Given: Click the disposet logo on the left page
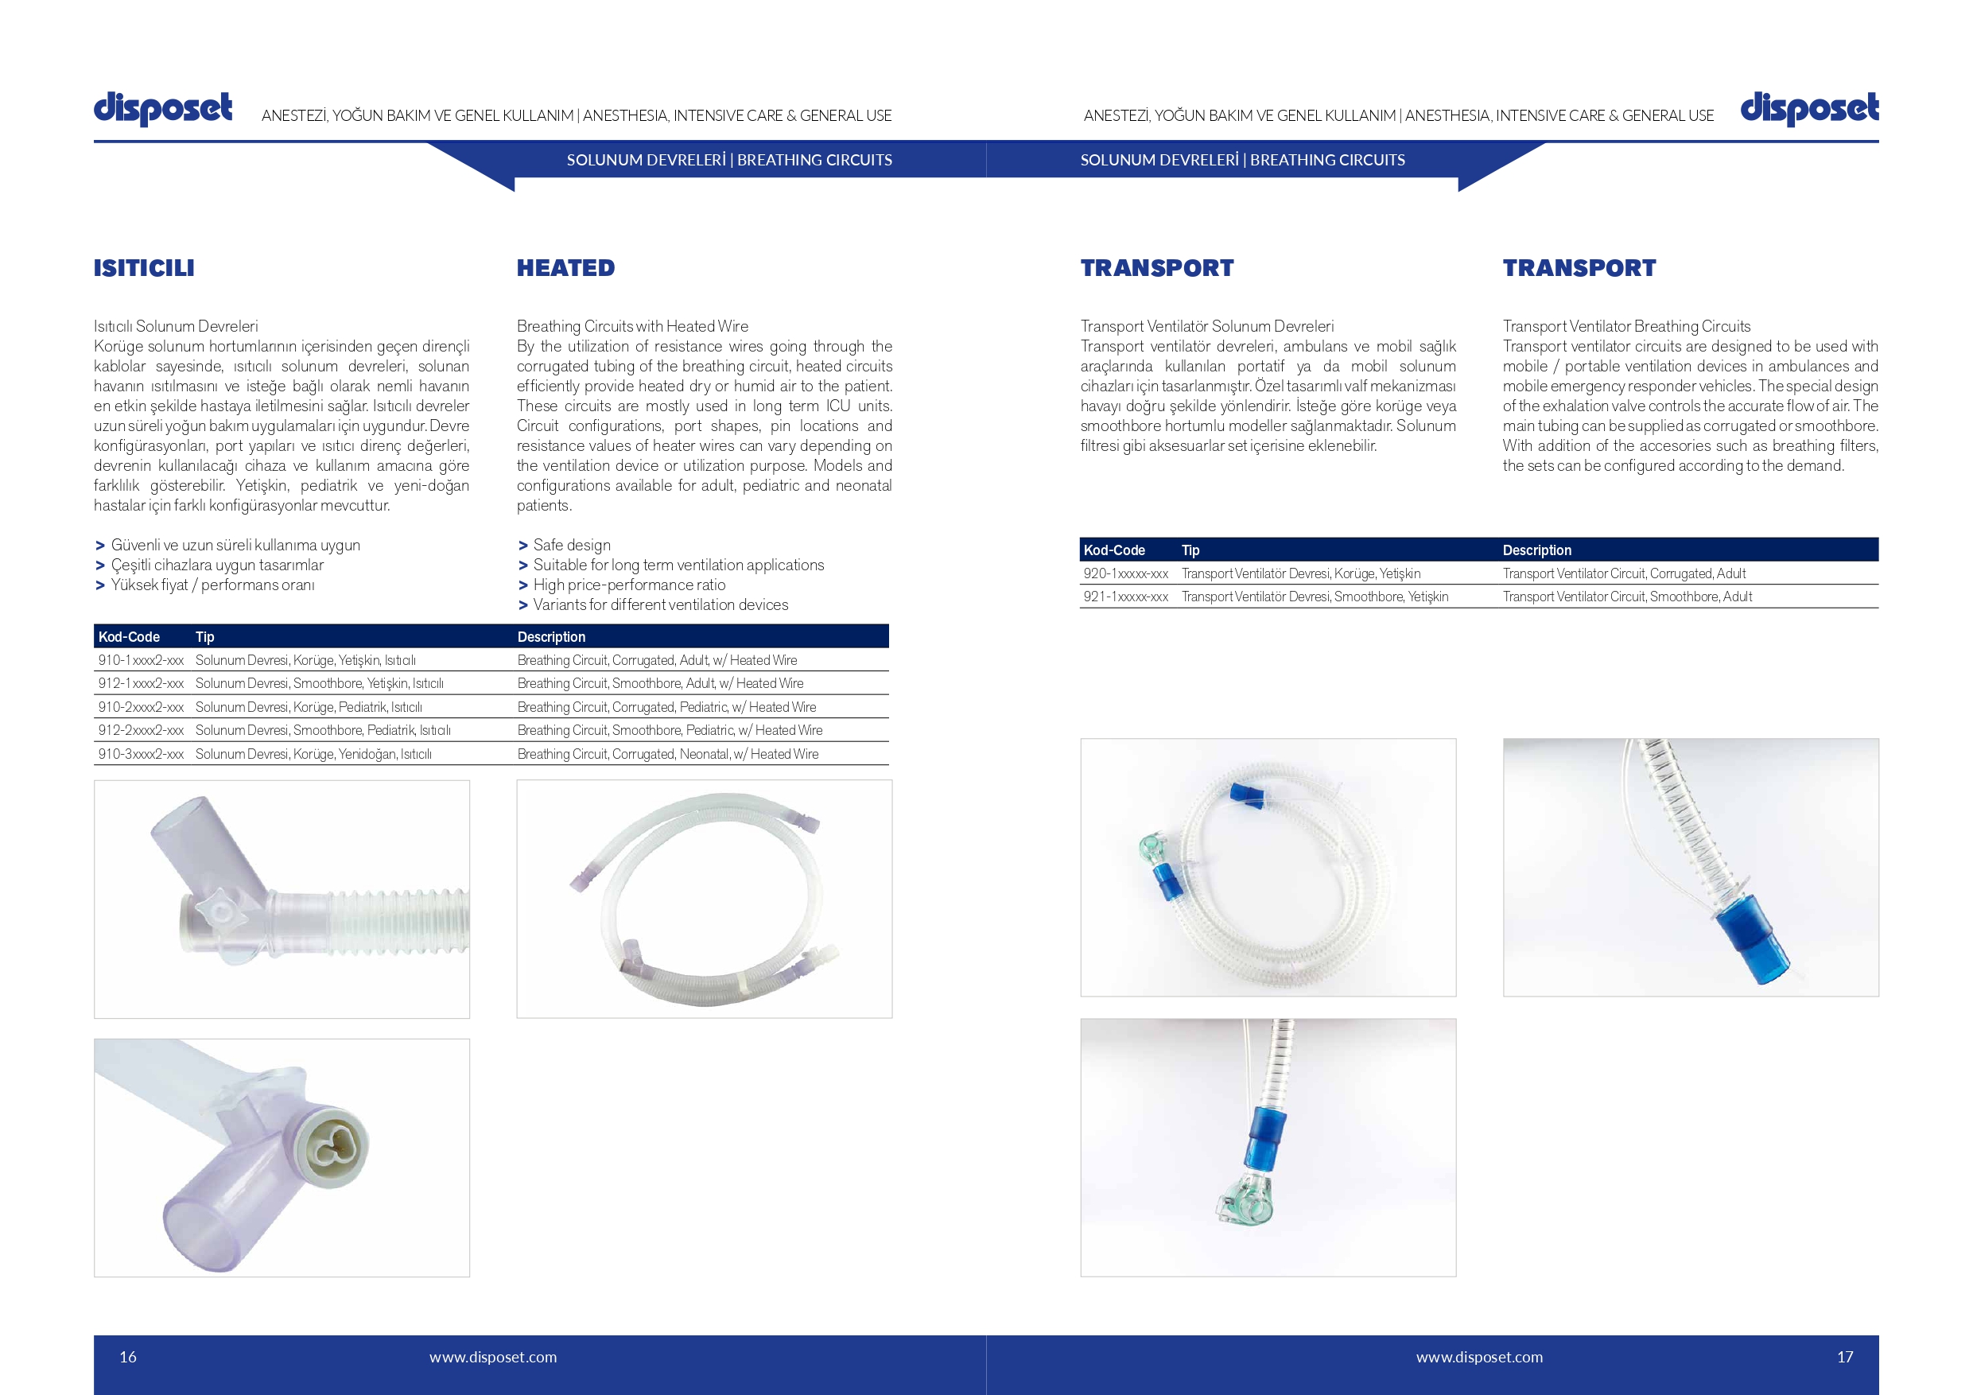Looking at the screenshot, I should pyautogui.click(x=162, y=109).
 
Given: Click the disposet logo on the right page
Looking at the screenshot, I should pyautogui.click(x=1809, y=109).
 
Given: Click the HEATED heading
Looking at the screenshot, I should pyautogui.click(x=565, y=268).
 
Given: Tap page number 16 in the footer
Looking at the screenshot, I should pyautogui.click(x=128, y=1357).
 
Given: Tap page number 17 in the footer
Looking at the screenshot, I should pyautogui.click(x=1845, y=1357).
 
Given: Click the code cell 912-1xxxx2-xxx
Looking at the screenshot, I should pyautogui.click(x=141, y=683).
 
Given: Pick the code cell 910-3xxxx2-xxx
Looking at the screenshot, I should pyautogui.click(x=141, y=754).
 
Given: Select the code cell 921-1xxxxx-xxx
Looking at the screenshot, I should pyautogui.click(x=1126, y=596).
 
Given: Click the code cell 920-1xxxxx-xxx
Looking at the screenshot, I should pyautogui.click(x=1126, y=573).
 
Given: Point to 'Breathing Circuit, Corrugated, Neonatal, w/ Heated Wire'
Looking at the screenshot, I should pyautogui.click(x=668, y=754).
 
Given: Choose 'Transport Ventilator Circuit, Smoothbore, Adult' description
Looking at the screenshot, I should pyautogui.click(x=1627, y=596).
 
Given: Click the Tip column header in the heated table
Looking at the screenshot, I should pyautogui.click(x=204, y=637).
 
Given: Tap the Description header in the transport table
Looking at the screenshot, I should pyautogui.click(x=1536, y=550).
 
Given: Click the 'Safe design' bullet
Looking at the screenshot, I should pyautogui.click(x=572, y=545).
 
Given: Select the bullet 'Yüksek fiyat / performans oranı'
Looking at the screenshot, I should pyautogui.click(x=212, y=585).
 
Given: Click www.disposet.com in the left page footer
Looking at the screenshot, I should pyautogui.click(x=493, y=1357).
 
